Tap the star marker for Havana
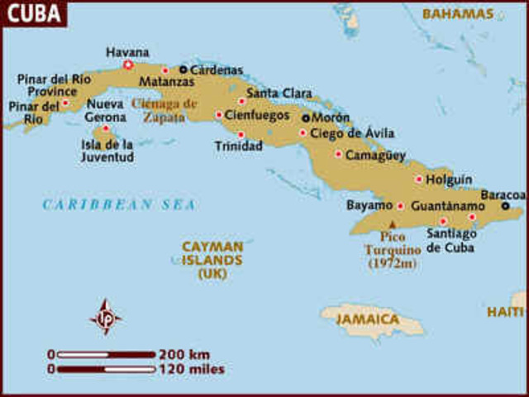[x=128, y=65]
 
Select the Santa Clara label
[x=279, y=93]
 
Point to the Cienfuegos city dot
[x=219, y=115]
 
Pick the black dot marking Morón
[x=306, y=118]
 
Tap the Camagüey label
[x=376, y=155]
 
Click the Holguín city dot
[x=419, y=179]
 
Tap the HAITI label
[x=505, y=312]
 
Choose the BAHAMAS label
[x=458, y=14]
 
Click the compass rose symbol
[x=106, y=317]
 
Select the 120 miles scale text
[x=191, y=369]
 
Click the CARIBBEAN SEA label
[x=120, y=204]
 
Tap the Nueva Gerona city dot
[x=106, y=128]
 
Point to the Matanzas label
[x=167, y=82]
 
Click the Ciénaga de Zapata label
[x=165, y=110]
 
